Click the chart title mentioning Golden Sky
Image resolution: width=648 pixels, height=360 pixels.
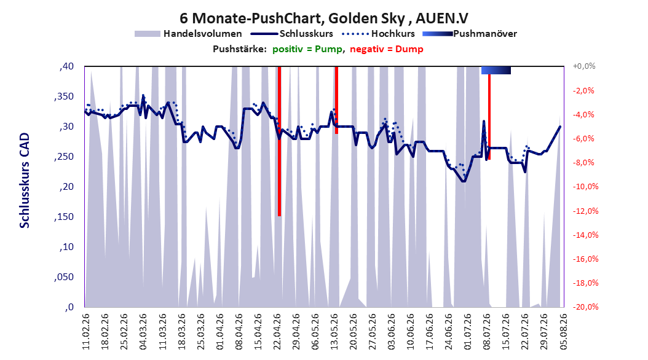[x=324, y=18]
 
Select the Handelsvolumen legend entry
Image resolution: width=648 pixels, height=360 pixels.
[x=188, y=34]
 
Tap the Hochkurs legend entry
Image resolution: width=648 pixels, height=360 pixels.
[x=378, y=34]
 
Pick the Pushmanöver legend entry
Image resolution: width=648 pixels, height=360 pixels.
[x=470, y=34]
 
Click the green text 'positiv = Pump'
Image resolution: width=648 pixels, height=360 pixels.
[x=307, y=49]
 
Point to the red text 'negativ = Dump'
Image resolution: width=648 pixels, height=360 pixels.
[x=387, y=49]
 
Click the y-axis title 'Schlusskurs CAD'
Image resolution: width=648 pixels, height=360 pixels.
[x=25, y=181]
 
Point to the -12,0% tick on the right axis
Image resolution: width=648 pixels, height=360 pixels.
[x=585, y=211]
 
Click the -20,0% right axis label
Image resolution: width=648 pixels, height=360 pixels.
[x=585, y=307]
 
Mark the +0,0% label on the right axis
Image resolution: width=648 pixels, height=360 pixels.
[x=584, y=66]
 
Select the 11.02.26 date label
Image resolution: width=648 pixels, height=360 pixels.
[x=86, y=332]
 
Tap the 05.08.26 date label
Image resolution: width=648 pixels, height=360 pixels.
[x=563, y=332]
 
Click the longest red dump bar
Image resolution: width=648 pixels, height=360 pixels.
[x=279, y=141]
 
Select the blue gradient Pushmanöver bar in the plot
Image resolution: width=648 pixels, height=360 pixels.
[x=496, y=70]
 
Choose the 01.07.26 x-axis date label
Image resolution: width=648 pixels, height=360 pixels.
[x=467, y=332]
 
